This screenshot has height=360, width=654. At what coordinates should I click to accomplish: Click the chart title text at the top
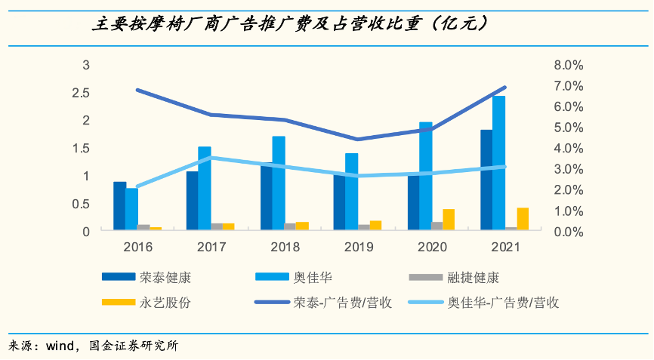(x=290, y=24)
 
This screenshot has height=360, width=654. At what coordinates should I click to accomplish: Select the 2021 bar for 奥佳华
(x=499, y=162)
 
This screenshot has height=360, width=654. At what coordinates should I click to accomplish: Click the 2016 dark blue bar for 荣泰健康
(x=119, y=205)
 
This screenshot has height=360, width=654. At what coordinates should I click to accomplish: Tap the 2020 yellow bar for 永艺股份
(x=449, y=219)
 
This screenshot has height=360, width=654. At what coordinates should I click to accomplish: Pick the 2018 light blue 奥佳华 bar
(x=279, y=183)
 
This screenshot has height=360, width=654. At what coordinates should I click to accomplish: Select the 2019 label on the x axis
(x=359, y=247)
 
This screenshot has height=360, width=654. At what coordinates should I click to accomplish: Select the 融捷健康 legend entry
(x=474, y=277)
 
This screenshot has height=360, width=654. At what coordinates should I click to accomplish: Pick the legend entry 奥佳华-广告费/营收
(x=503, y=303)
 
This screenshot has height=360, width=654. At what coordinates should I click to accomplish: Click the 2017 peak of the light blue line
(x=212, y=157)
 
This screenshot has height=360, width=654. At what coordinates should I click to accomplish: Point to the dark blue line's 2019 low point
(x=359, y=139)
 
